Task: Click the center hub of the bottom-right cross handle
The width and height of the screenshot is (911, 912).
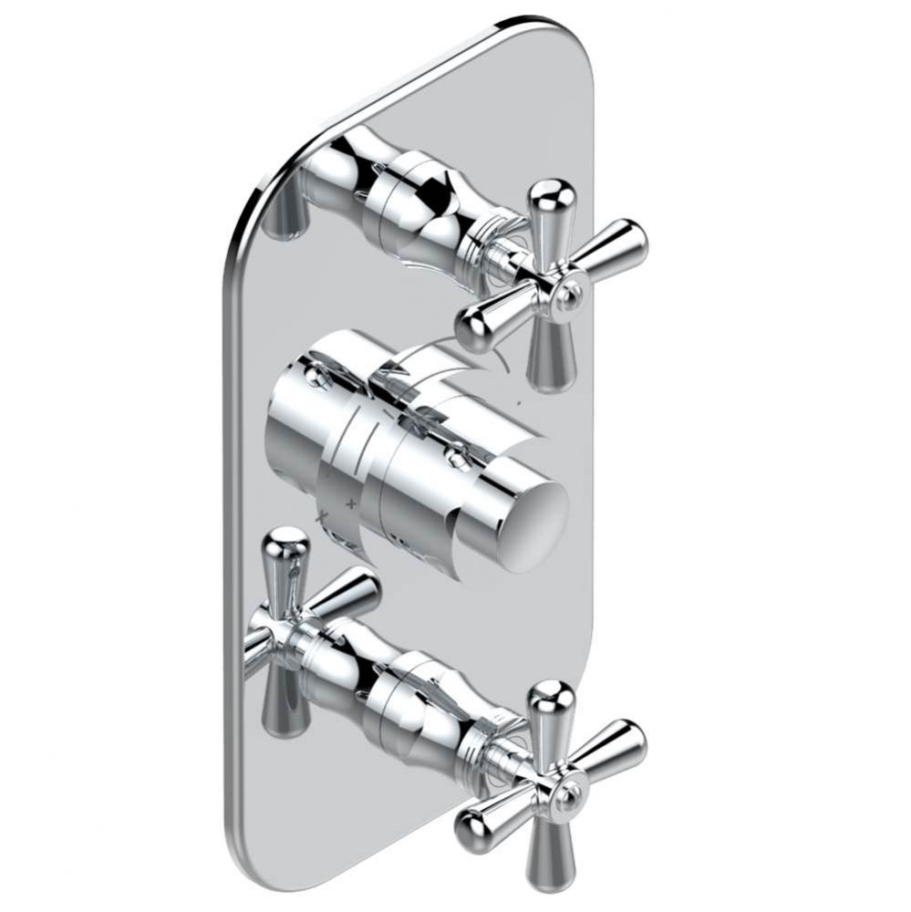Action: pos(571,795)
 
